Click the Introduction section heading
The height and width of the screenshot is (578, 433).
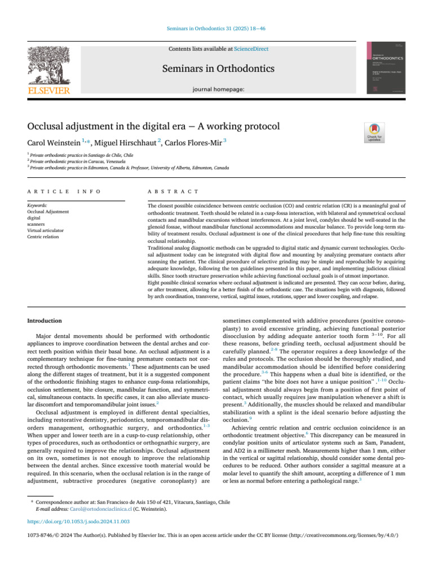coord(45,321)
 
